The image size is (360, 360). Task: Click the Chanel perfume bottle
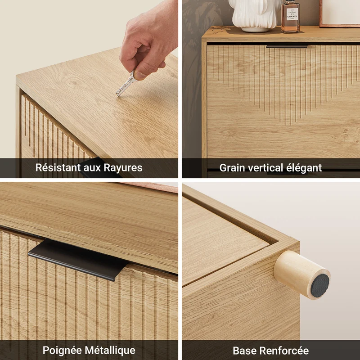tap(290, 17)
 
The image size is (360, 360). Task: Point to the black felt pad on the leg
tap(320, 286)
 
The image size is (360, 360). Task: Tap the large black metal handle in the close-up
tap(77, 260)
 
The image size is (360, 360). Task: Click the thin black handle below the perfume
tap(287, 47)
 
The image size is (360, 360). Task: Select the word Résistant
tap(58, 167)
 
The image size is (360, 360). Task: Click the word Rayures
tap(123, 167)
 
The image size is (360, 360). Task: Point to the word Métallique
tap(110, 351)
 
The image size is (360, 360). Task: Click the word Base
tap(243, 351)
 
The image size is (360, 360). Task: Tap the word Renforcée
tap(283, 351)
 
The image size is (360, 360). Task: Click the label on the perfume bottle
tap(292, 14)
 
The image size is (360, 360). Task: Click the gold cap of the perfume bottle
tap(290, 1)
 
